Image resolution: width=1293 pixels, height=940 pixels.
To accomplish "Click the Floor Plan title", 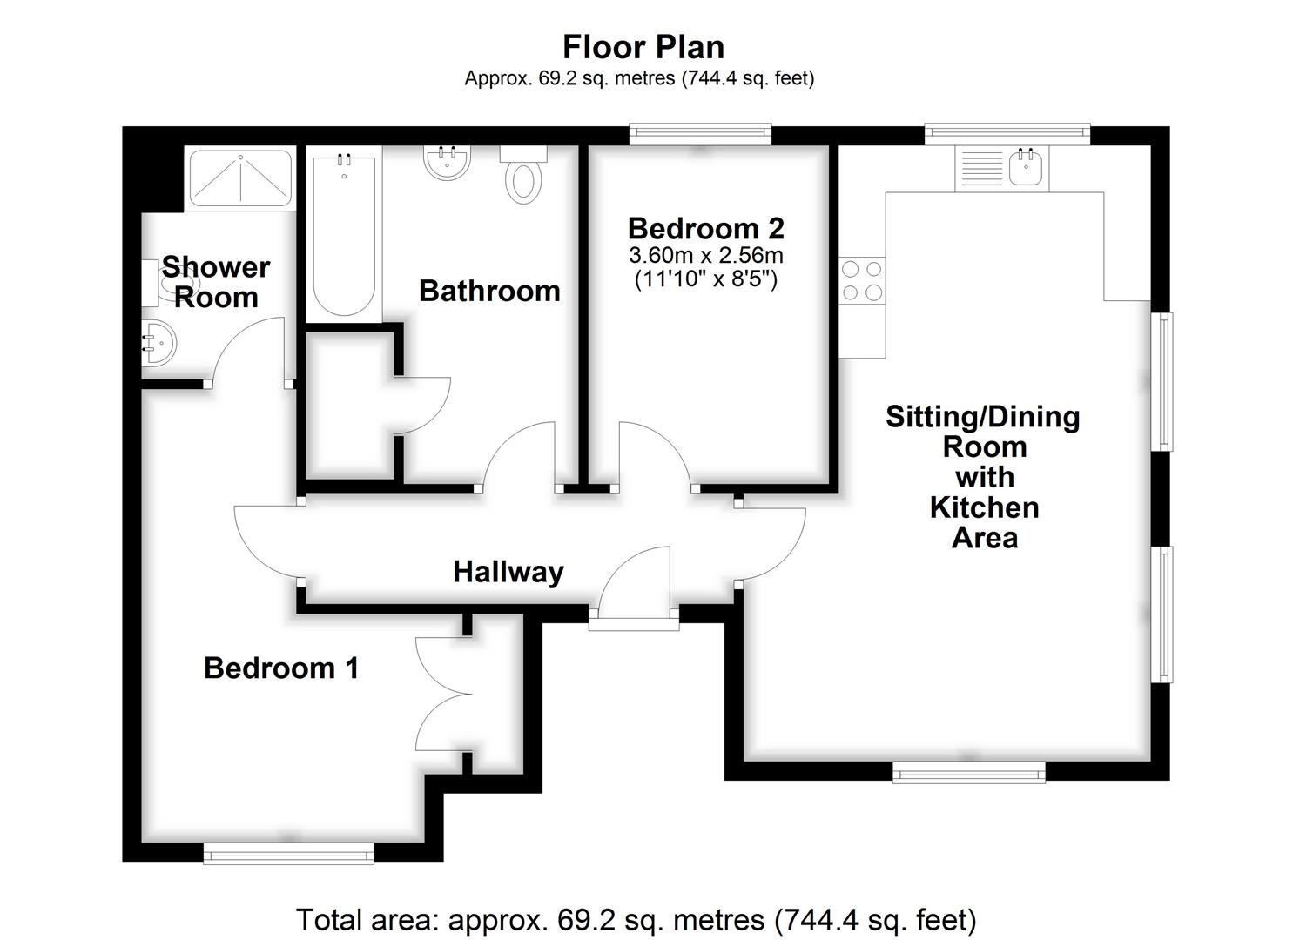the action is tap(643, 47).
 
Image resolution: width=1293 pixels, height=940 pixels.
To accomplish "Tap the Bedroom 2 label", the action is tap(706, 229).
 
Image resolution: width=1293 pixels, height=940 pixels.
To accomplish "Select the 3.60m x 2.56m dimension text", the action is tap(706, 255).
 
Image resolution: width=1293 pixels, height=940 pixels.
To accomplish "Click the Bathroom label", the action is tap(489, 291).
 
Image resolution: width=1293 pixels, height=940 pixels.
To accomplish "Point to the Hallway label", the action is tap(508, 573).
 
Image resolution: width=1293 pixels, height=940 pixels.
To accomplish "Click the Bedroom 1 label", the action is tap(281, 668).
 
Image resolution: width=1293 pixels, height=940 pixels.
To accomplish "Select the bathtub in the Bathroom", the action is tap(344, 234).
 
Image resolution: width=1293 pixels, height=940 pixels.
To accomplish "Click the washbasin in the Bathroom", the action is tap(448, 162).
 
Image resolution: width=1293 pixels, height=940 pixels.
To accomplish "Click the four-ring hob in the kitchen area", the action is tap(862, 280).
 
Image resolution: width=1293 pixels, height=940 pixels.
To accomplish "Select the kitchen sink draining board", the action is tap(982, 168).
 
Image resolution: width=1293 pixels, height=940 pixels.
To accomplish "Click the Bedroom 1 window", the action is tap(288, 854).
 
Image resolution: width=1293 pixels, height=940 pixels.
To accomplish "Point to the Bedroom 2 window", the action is tap(700, 134).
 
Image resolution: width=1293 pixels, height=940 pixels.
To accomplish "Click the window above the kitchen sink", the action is tap(1007, 134).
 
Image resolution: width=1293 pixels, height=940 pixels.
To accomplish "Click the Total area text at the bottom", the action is tap(636, 920).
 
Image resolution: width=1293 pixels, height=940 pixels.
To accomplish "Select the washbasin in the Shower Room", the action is tap(159, 343).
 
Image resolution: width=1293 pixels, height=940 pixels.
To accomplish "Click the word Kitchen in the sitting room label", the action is tap(984, 508).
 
